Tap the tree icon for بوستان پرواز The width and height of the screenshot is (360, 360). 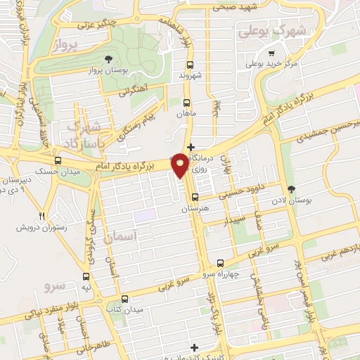(x=108, y=60)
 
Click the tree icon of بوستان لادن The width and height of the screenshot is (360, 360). (x=292, y=188)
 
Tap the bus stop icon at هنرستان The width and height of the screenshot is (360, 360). (x=195, y=198)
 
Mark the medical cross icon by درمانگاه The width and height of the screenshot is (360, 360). (x=191, y=146)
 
